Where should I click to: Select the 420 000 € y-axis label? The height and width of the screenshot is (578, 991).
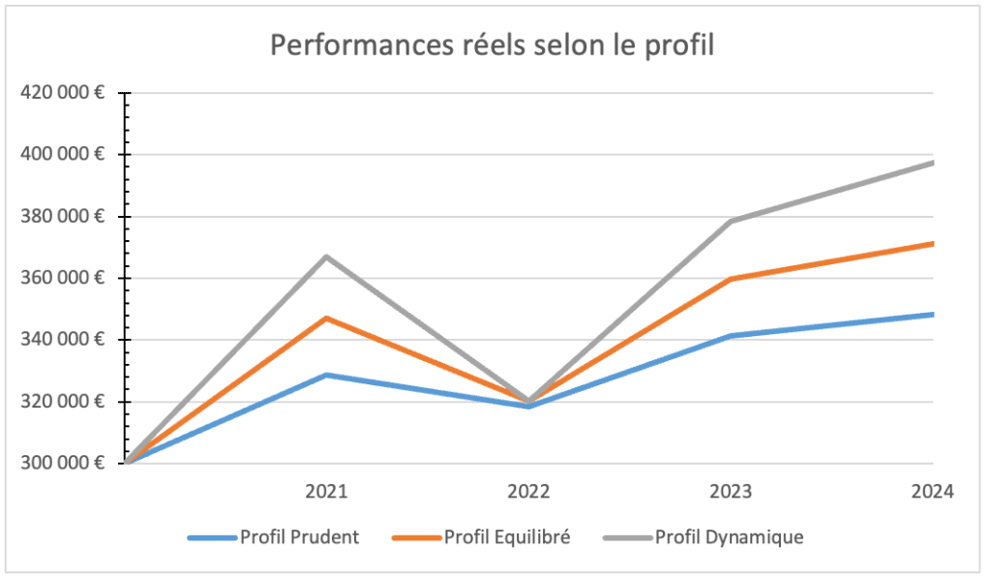62,93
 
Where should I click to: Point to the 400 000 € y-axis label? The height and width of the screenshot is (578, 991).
62,154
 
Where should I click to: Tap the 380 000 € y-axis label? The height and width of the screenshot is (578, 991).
62,216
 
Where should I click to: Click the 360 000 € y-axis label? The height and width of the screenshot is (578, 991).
62,278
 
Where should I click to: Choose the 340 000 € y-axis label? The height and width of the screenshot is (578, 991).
62,339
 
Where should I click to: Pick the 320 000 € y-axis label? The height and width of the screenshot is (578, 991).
62,401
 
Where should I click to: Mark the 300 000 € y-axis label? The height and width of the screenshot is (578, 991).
62,463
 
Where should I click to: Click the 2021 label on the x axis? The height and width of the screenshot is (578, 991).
327,491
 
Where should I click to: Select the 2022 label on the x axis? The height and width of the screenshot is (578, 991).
529,491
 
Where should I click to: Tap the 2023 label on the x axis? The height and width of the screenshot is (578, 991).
731,491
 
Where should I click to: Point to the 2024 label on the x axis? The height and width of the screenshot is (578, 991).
933,491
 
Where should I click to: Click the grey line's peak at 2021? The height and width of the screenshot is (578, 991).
327,257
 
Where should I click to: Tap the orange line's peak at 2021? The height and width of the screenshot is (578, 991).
327,318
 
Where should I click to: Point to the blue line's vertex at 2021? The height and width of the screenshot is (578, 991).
327,375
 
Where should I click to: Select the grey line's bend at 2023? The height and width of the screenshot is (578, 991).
731,222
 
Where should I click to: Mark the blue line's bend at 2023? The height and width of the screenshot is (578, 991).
731,336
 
